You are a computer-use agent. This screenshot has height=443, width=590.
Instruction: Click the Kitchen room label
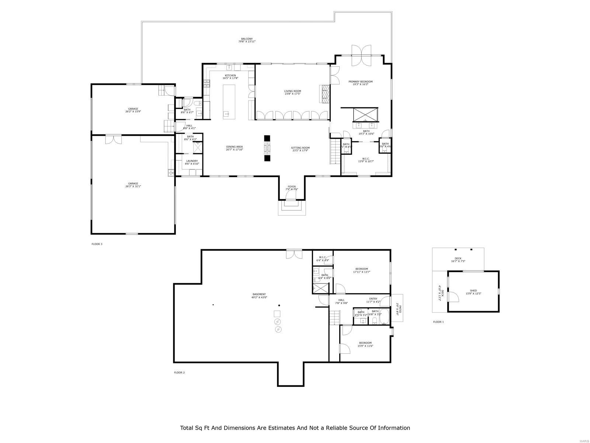pyautogui.click(x=230, y=76)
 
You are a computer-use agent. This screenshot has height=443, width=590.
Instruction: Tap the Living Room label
pyautogui.click(x=292, y=91)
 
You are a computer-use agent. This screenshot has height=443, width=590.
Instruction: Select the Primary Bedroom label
pyautogui.click(x=361, y=82)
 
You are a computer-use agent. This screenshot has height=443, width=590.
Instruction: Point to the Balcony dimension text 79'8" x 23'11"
pyautogui.click(x=247, y=42)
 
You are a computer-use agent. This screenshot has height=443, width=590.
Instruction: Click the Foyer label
pyautogui.click(x=292, y=187)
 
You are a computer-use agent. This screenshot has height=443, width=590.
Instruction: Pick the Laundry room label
pyautogui.click(x=192, y=161)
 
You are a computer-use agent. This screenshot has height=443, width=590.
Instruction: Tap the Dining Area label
pyautogui.click(x=235, y=147)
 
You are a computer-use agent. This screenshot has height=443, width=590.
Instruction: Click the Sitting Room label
pyautogui.click(x=300, y=148)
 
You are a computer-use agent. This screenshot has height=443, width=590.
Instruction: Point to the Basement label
pyautogui.click(x=259, y=294)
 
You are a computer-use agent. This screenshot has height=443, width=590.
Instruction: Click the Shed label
pyautogui.click(x=473, y=291)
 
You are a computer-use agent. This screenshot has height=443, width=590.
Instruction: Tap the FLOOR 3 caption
pyautogui.click(x=97, y=244)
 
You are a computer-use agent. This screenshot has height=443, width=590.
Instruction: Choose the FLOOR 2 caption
pyautogui.click(x=179, y=372)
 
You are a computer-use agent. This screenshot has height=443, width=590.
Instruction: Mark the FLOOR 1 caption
pyautogui.click(x=438, y=322)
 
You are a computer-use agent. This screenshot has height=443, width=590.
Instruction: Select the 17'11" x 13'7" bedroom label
pyautogui.click(x=361, y=269)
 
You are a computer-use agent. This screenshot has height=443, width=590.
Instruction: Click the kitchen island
pyautogui.click(x=229, y=101)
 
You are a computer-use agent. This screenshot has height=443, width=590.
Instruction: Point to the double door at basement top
pyautogui.click(x=294, y=254)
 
